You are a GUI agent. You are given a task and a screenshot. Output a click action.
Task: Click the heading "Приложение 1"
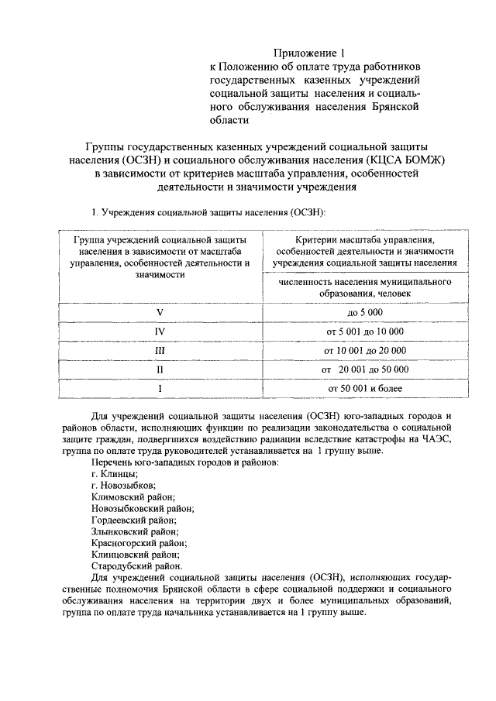(x=308, y=53)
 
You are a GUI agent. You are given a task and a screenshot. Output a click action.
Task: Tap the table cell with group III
(x=160, y=350)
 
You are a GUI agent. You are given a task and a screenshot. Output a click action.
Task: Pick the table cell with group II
(x=160, y=369)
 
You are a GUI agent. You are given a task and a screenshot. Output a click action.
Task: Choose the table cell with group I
(x=160, y=388)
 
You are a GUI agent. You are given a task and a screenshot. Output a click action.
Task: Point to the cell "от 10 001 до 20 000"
(x=364, y=350)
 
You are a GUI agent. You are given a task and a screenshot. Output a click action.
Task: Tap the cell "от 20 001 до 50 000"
(x=364, y=369)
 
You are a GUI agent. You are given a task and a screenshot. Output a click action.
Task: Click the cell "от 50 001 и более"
(x=364, y=388)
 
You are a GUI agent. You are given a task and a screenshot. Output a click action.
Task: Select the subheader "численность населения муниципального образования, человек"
(x=364, y=287)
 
